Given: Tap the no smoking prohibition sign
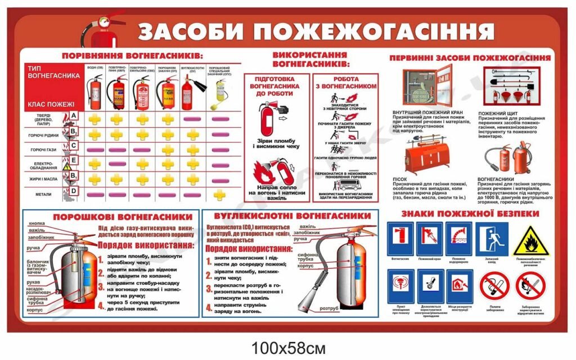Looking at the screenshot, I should pyautogui.click(x=494, y=286).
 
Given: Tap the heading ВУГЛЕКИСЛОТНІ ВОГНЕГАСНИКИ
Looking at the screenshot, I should pyautogui.click(x=289, y=216).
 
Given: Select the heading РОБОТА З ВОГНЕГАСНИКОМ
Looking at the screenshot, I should pyautogui.click(x=346, y=83).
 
